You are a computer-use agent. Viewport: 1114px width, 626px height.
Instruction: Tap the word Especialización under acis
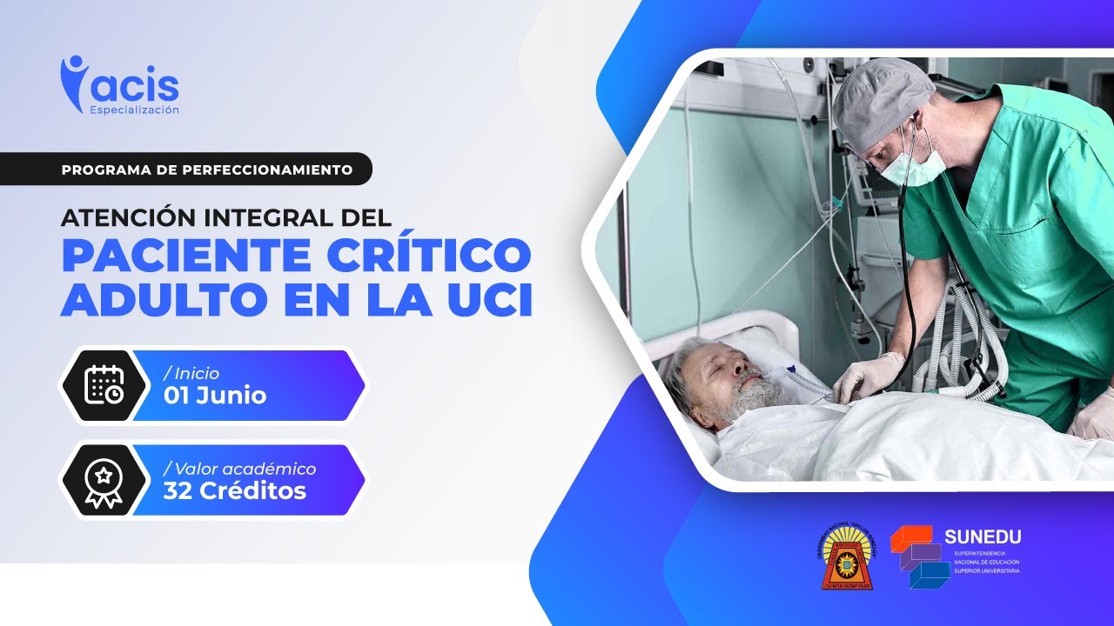134,110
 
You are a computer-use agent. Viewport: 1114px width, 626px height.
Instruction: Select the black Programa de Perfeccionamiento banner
206,169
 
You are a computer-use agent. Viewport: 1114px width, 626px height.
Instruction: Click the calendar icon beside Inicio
104,384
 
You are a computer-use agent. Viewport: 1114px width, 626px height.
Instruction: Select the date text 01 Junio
214,396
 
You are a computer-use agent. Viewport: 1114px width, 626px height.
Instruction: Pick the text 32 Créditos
234,491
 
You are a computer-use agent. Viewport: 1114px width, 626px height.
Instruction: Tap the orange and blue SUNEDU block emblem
919,557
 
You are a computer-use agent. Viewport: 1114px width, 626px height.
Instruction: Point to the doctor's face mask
913,164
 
